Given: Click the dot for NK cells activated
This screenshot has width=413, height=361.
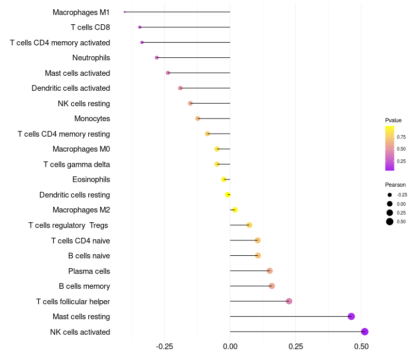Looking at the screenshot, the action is (364, 332).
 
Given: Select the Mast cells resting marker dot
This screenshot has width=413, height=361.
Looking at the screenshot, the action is (351, 317).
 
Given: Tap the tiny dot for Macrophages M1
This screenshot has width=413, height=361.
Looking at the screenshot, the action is (124, 12).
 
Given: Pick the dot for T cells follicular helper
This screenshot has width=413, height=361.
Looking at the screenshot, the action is (289, 301).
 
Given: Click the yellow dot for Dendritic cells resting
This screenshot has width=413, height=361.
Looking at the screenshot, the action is (228, 195).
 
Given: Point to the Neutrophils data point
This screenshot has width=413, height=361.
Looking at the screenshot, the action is (157, 58).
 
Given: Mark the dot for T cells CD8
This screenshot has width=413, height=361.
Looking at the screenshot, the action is (140, 27).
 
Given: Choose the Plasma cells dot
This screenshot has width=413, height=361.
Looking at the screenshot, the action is (269, 271).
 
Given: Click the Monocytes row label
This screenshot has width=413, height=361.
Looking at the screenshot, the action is (92, 119).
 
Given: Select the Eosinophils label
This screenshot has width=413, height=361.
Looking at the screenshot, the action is (91, 179).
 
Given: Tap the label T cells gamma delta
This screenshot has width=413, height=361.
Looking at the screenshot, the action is (76, 165).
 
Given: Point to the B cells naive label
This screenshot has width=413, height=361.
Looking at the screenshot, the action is (89, 256).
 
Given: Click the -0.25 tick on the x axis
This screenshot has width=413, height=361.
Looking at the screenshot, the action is (164, 347).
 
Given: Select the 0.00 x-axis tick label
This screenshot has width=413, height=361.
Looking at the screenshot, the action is (230, 347).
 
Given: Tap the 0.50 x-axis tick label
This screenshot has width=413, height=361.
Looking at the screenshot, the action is (361, 347).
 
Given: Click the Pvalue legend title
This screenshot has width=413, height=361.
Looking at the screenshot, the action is (393, 120).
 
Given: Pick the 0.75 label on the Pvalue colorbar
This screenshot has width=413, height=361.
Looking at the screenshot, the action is (401, 137).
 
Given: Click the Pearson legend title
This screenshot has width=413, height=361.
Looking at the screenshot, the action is (395, 185).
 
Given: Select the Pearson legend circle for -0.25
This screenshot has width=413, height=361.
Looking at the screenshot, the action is (390, 195).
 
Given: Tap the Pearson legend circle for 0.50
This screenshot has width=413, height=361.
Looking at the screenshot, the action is (390, 222).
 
